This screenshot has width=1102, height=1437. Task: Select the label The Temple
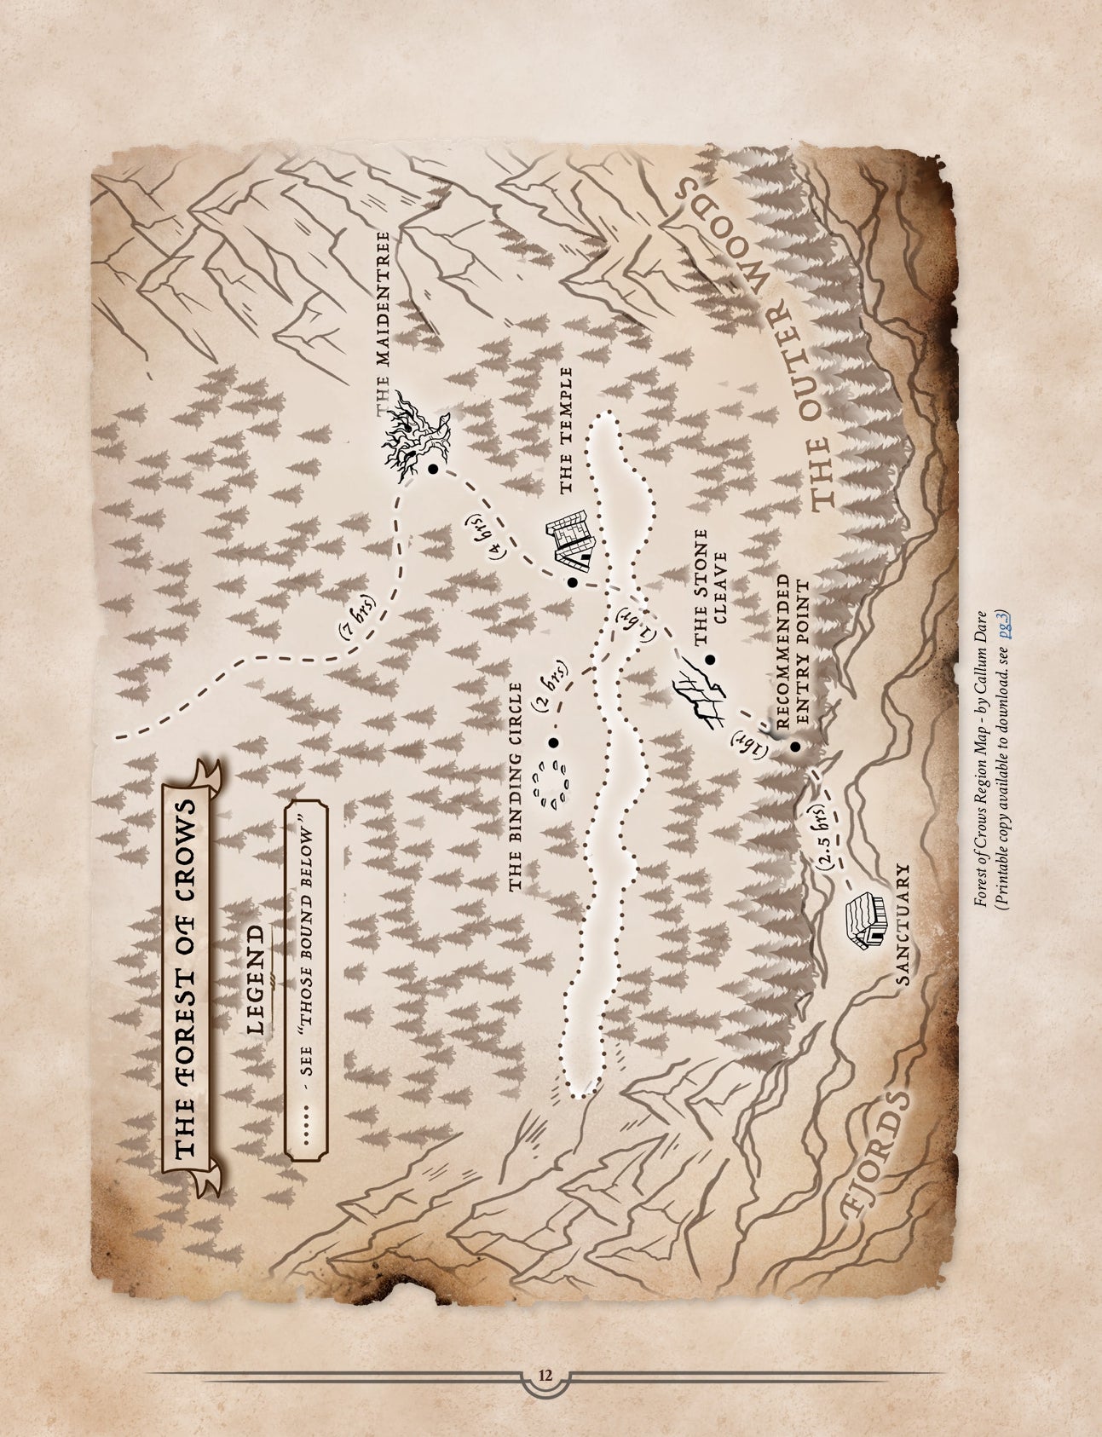click(x=565, y=432)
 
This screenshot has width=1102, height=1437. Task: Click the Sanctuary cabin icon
click(x=864, y=920)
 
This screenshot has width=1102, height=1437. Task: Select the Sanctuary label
click(x=903, y=925)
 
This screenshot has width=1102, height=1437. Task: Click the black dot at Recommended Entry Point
click(x=794, y=747)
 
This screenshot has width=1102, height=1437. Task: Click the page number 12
click(x=545, y=1375)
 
